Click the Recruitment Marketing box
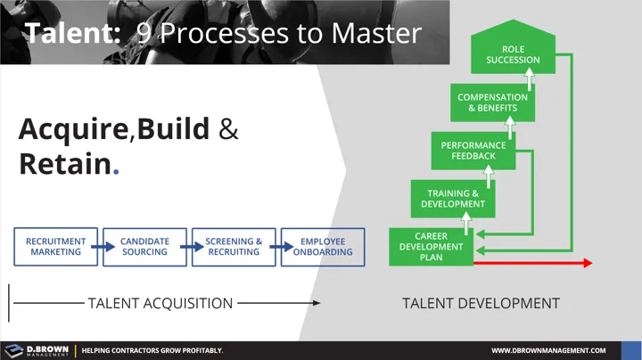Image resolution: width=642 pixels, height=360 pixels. (55, 247)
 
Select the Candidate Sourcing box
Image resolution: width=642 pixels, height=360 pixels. (144, 247)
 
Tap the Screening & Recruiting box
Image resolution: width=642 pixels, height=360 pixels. (234, 247)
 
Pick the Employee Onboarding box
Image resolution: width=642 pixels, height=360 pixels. (323, 247)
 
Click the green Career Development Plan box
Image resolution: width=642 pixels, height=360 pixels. (432, 247)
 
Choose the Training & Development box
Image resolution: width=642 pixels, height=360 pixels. (453, 198)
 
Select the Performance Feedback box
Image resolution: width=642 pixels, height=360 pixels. (473, 151)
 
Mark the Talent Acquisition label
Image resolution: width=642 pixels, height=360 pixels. (160, 303)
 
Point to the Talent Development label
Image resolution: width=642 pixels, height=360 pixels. (481, 303)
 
